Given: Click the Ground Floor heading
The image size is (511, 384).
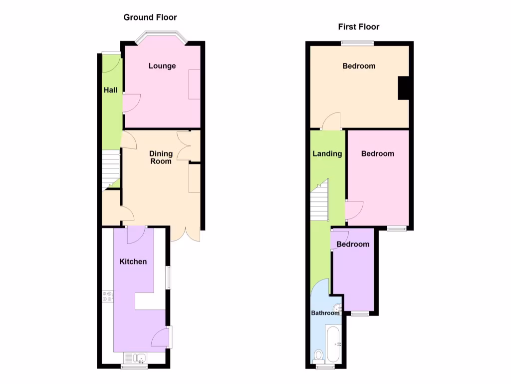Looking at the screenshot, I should point(150,17).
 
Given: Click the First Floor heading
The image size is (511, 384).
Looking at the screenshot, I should point(358,27).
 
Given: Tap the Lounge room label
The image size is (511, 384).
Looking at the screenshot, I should point(162,65).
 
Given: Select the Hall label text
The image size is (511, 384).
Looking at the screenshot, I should point(111,90).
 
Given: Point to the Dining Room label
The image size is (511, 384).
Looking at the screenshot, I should point(161,157).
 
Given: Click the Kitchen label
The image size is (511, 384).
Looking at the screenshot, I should point(133,261).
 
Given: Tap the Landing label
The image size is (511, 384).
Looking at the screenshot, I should point(327,153).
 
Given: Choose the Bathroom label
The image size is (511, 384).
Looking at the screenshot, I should point(325,313).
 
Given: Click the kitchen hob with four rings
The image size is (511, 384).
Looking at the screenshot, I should point(107,296).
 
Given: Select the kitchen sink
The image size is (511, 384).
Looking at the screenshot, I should point(136,358).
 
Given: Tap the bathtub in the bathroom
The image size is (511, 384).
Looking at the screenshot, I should point(333,343).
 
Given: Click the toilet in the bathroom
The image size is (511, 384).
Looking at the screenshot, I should point(318,355).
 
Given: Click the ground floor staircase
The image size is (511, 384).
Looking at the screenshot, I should point(111,170).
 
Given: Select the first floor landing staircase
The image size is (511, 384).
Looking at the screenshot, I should point(319,200).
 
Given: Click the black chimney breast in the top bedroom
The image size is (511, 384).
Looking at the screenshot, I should point(403,87).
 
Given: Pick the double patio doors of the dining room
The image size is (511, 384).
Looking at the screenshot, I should point(185,233).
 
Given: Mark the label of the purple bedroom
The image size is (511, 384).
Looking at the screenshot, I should point(353,244).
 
